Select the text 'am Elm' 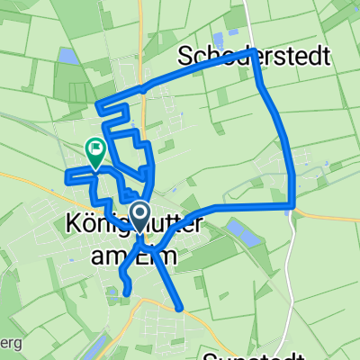(134, 256)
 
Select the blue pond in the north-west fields (66, 57)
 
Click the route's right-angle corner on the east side (292, 206)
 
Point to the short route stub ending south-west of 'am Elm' (127, 292)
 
